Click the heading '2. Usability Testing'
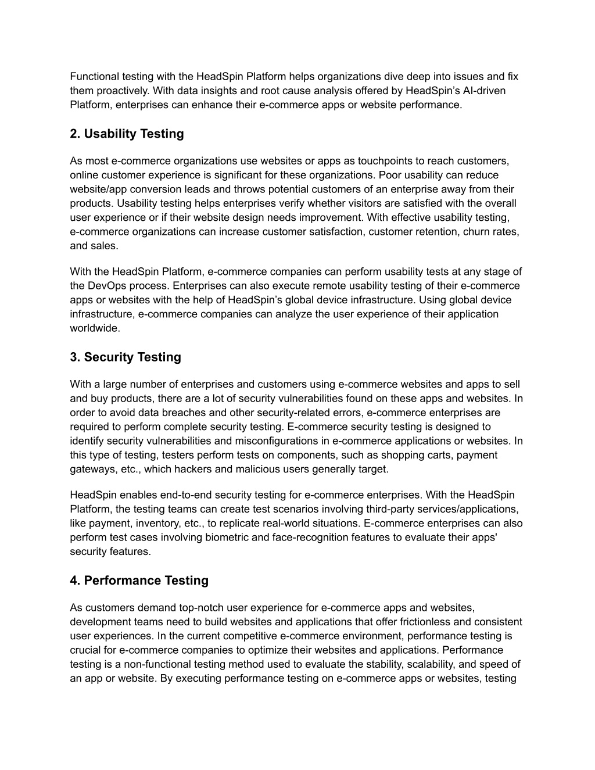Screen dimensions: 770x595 (x=127, y=134)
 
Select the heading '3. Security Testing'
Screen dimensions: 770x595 (x=126, y=357)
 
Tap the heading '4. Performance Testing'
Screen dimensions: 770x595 (x=139, y=581)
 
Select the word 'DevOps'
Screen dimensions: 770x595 (x=107, y=286)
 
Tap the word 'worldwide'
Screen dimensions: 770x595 (x=95, y=328)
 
